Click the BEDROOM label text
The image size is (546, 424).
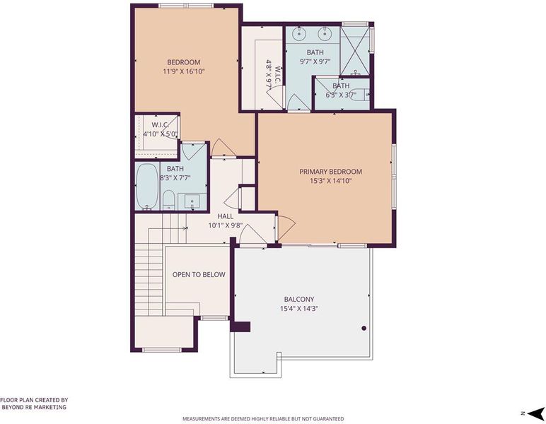183,62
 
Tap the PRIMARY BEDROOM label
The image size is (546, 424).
330,172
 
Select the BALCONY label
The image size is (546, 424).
299,299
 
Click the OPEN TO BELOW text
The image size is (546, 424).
199,274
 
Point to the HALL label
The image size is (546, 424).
226,216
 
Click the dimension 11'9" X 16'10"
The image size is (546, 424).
183,71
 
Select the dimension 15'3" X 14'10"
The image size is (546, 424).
331,181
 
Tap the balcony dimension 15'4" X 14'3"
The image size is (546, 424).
299,309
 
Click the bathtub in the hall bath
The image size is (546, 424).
147,187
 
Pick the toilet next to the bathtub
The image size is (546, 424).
168,200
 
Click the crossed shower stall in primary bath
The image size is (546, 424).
354,51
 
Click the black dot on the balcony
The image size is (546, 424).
364,328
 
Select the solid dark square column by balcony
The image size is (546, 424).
240,326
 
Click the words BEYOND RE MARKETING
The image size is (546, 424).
34,407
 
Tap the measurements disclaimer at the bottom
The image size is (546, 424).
263,418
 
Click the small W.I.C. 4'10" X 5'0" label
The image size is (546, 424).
161,129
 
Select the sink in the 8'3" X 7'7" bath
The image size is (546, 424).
192,201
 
